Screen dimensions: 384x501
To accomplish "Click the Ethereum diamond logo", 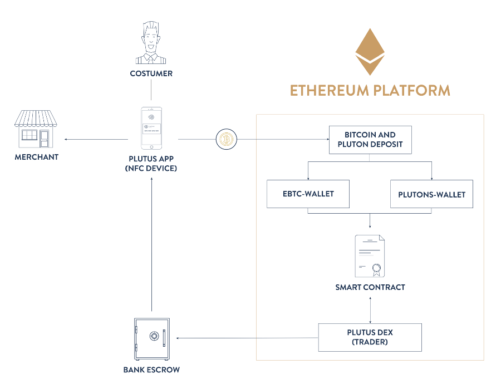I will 370,52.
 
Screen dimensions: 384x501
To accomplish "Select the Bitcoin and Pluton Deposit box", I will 370,140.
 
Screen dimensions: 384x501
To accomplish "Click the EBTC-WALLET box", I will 308,194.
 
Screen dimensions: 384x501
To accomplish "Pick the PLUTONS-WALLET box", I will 431,195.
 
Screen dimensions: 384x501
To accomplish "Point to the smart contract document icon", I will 370,255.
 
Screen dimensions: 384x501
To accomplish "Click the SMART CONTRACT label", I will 370,287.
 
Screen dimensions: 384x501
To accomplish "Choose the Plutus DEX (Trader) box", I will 370,337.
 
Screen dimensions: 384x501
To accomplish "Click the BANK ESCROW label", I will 151,370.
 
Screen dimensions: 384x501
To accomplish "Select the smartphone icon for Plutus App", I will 151,128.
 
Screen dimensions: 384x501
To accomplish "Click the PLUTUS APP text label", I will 151,157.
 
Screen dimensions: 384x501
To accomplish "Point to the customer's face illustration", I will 151,42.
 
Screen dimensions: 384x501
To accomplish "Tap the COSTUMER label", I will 151,73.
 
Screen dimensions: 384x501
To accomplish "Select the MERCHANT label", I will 37,157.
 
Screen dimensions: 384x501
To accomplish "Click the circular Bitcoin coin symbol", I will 226,139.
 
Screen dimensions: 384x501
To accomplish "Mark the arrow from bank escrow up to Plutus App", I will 151,245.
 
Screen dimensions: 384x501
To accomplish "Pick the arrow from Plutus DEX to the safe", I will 245,337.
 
